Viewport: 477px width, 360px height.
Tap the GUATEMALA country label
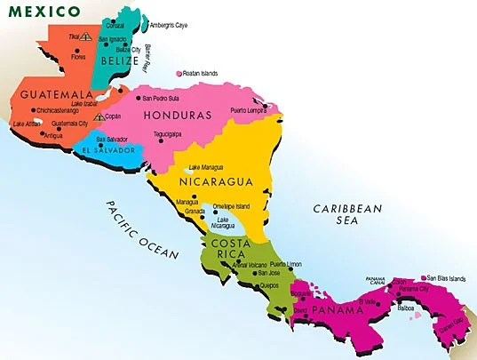52,94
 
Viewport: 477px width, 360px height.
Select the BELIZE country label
121,61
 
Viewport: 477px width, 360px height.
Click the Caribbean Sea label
347,215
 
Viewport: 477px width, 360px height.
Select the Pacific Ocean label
142,228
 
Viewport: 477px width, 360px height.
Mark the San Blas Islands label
445,278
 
